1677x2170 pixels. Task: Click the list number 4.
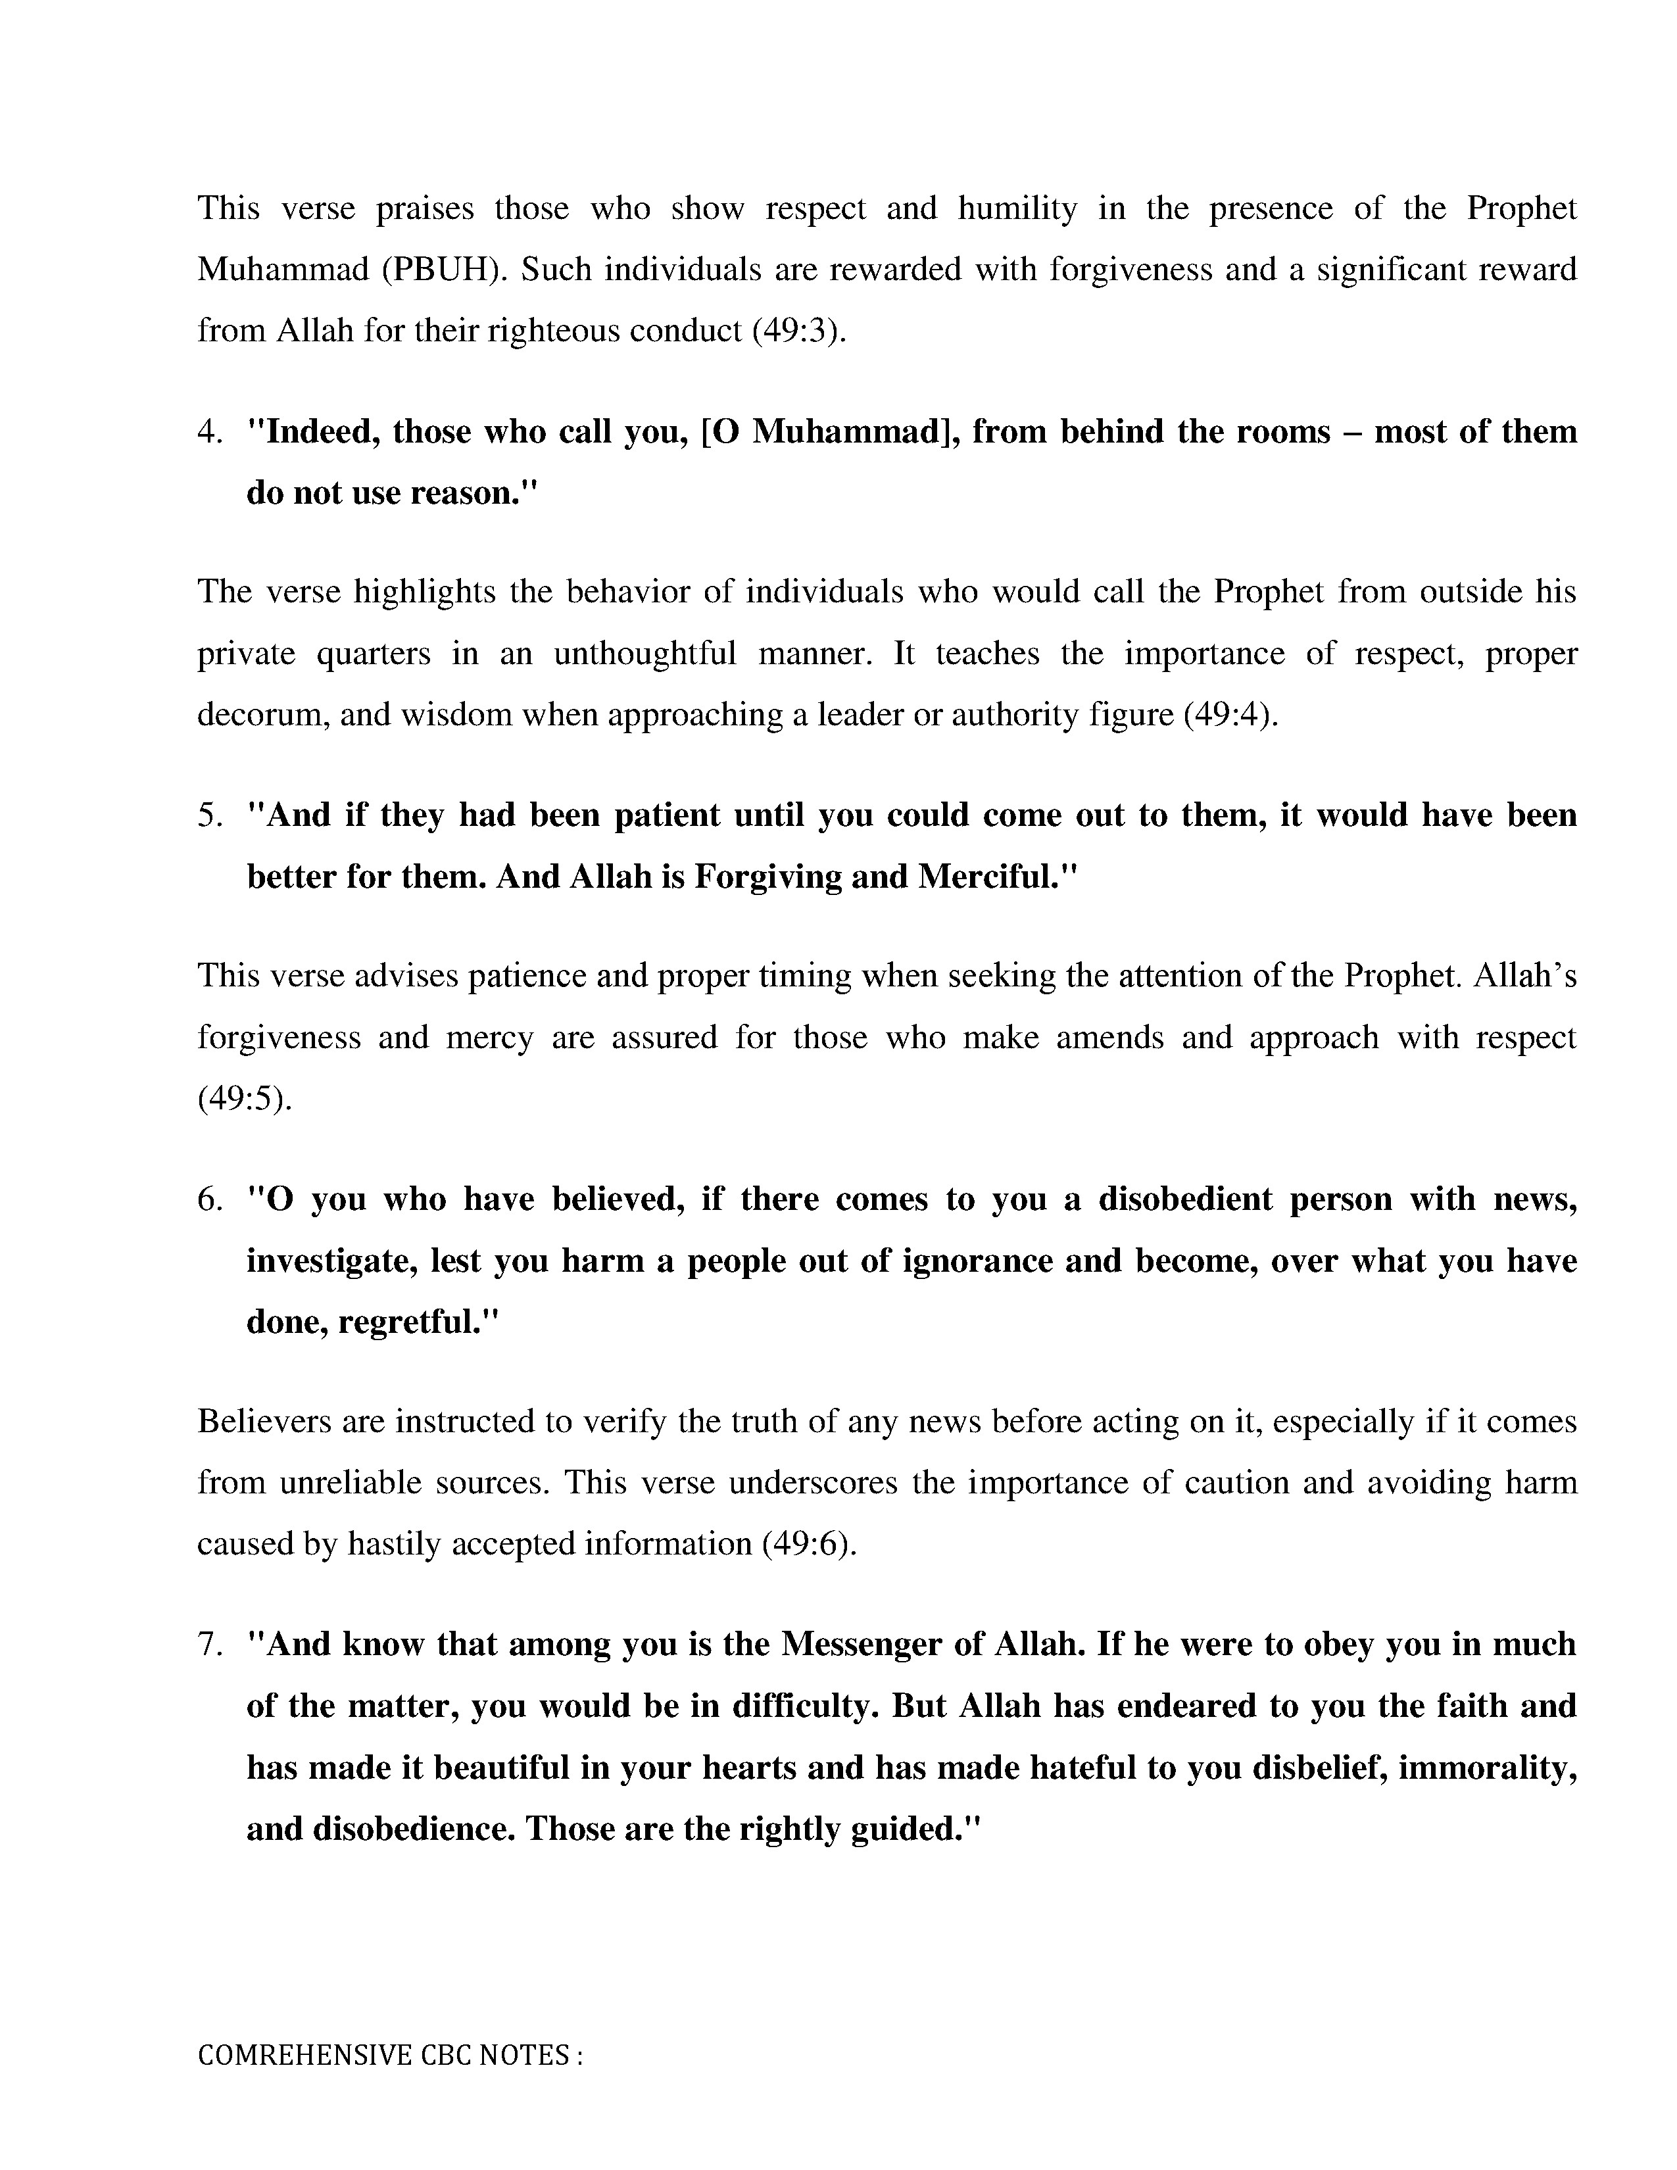pyautogui.click(x=208, y=432)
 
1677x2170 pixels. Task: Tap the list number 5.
pyautogui.click(x=208, y=816)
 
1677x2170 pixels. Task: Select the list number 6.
pyautogui.click(x=208, y=1200)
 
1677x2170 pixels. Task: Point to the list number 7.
pyautogui.click(x=208, y=1645)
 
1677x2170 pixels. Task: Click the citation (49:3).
pyautogui.click(x=799, y=331)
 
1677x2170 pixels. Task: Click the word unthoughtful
pyautogui.click(x=644, y=654)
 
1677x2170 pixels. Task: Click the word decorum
pyautogui.click(x=261, y=715)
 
